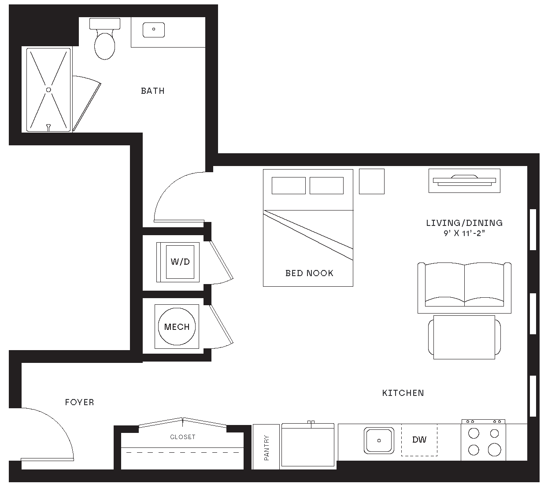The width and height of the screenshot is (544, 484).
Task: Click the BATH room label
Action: [152, 91]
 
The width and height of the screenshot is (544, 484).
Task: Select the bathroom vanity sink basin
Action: [154, 30]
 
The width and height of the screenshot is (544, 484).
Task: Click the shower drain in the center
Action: [48, 89]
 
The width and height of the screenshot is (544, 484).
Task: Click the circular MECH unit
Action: [177, 327]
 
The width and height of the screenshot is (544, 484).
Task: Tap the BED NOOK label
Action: [309, 273]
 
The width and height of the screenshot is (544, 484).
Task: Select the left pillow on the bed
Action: [289, 185]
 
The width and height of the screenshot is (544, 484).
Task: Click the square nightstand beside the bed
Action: [371, 181]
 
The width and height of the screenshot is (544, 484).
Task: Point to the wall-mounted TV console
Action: [464, 180]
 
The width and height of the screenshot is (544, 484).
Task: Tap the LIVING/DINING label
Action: [464, 223]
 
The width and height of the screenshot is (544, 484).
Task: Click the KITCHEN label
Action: [403, 393]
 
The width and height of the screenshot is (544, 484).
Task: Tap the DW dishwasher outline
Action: [419, 440]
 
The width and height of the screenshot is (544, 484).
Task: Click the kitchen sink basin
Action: [379, 440]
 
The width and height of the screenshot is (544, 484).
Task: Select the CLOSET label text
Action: [182, 437]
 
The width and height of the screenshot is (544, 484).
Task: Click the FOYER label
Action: [79, 402]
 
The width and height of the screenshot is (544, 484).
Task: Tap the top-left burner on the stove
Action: [474, 433]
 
